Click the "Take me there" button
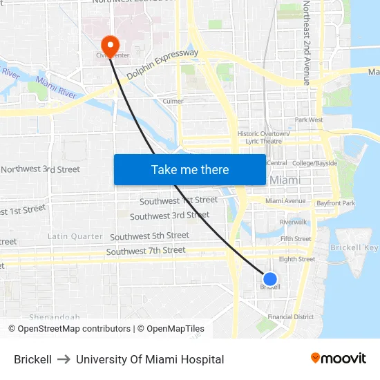(190, 169)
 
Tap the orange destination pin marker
(109, 45)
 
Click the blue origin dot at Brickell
(270, 279)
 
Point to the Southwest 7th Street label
(146, 250)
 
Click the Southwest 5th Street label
(149, 236)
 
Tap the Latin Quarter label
(75, 236)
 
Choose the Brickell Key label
(354, 247)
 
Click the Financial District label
(290, 317)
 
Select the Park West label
(309, 120)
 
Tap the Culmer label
(173, 101)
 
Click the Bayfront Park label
(335, 204)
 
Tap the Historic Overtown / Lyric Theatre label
(260, 137)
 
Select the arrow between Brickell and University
(64, 359)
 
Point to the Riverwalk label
(293, 222)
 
